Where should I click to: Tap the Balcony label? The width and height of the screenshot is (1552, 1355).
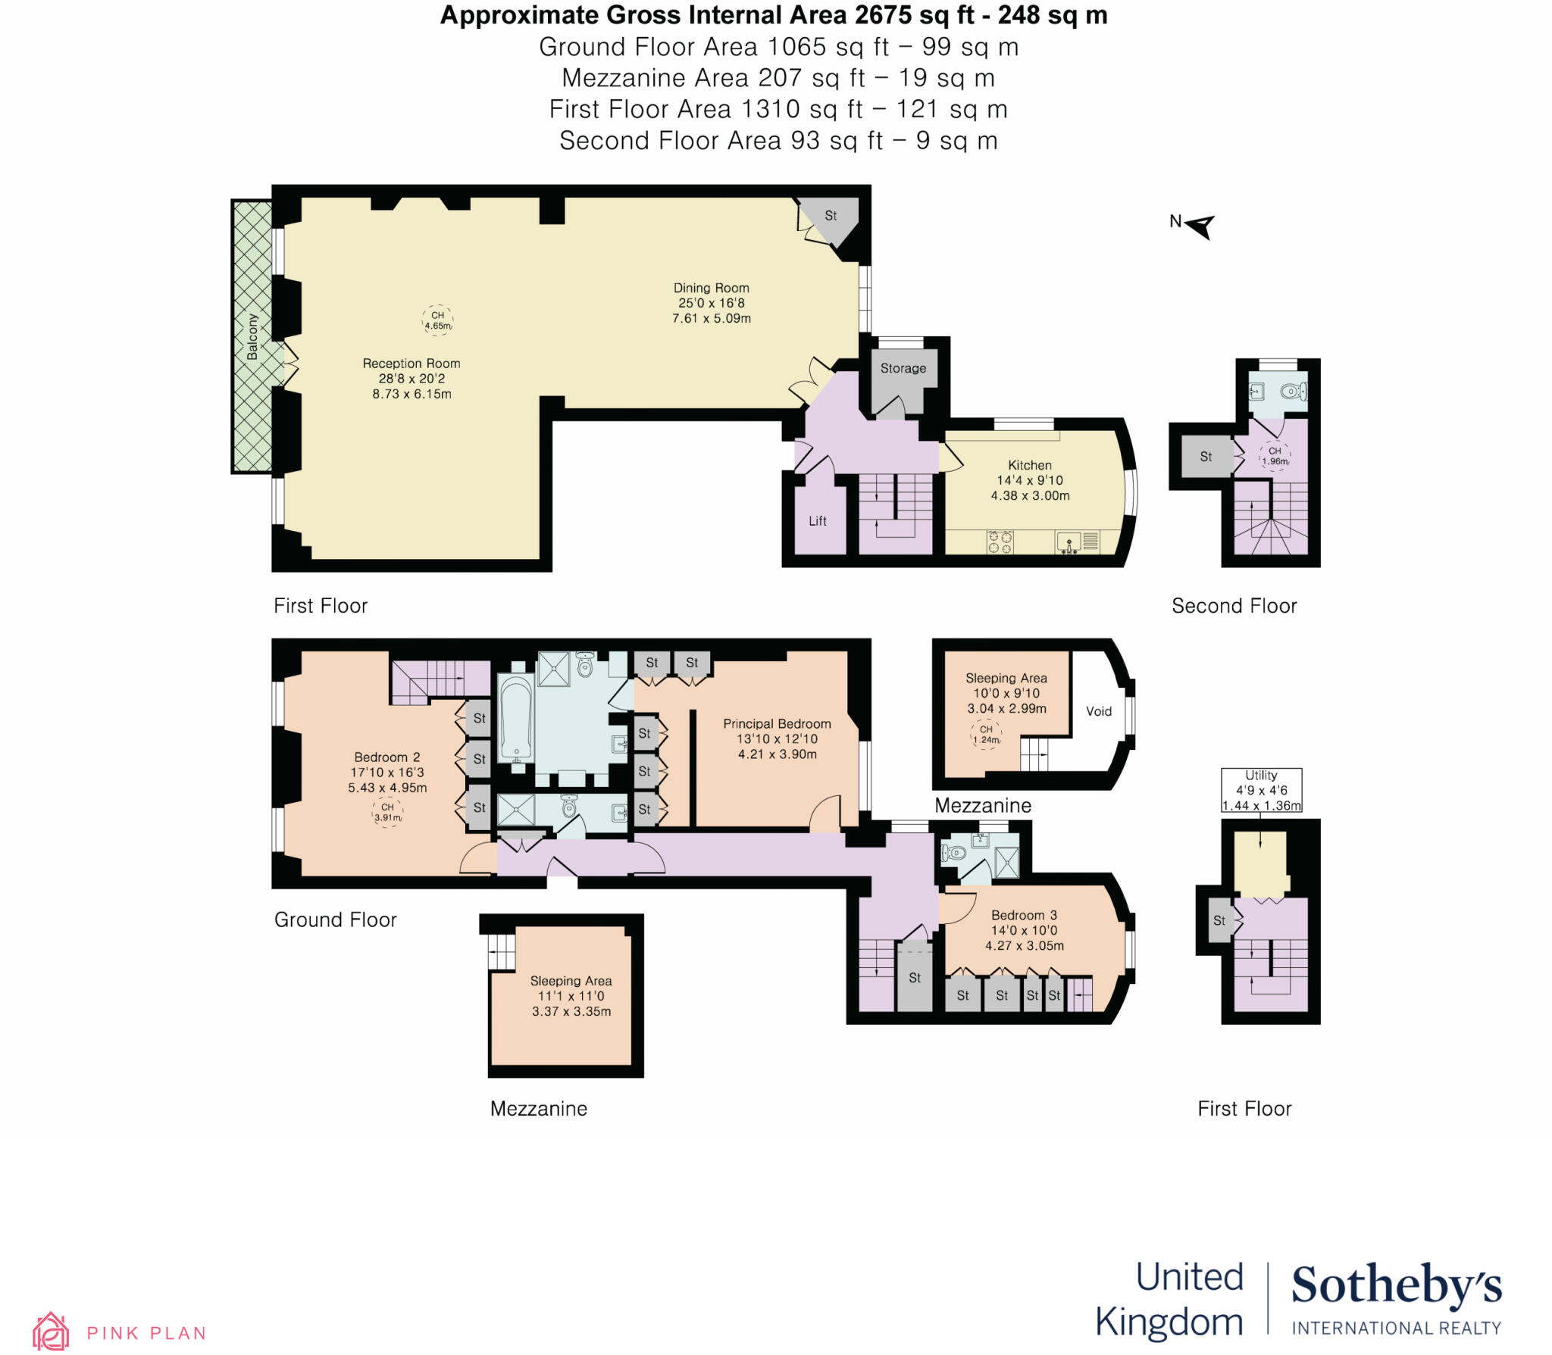(x=252, y=337)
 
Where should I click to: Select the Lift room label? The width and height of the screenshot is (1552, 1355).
(x=817, y=521)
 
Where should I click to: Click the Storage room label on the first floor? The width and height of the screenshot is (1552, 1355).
(x=903, y=368)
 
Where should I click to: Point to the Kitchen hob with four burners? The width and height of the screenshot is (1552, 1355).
(x=1000, y=542)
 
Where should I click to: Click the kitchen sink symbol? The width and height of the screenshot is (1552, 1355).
(x=1069, y=542)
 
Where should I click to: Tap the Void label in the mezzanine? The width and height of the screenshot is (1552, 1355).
(x=1098, y=711)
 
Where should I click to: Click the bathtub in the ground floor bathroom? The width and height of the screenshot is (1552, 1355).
(x=517, y=717)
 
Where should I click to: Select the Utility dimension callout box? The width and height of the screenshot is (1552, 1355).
(x=1261, y=790)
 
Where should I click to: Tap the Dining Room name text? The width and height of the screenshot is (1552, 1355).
(x=711, y=288)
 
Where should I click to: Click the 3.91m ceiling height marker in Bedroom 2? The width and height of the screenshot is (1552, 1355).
(x=387, y=813)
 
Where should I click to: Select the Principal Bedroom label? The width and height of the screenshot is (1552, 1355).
(x=777, y=724)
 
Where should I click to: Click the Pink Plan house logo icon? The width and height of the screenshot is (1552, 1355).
(x=51, y=1332)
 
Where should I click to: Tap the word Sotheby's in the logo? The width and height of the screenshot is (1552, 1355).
(x=1396, y=1286)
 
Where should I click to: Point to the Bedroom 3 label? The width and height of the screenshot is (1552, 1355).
(x=1024, y=915)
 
